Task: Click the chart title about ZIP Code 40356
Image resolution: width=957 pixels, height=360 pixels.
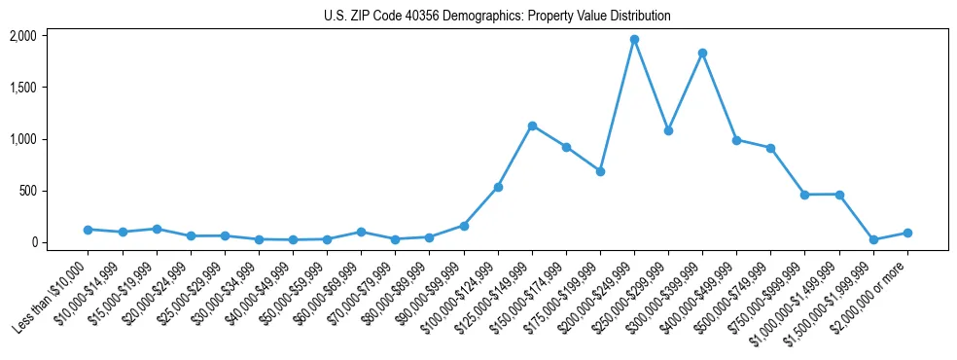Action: (497, 17)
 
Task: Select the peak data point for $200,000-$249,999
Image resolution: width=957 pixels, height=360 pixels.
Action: (634, 40)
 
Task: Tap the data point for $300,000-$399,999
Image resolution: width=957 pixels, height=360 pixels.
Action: (702, 53)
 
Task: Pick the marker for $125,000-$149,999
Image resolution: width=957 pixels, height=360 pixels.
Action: (532, 126)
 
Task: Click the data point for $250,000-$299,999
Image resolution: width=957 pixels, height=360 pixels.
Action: (668, 130)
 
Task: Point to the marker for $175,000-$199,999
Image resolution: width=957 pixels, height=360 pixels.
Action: (600, 171)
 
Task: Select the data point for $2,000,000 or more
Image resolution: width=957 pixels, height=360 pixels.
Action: (907, 233)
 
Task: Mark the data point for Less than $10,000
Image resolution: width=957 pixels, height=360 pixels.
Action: (89, 230)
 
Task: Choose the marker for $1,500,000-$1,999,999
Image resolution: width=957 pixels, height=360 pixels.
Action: (873, 239)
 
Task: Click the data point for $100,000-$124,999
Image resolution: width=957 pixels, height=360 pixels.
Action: (498, 187)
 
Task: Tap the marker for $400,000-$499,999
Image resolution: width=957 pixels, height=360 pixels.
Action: (736, 140)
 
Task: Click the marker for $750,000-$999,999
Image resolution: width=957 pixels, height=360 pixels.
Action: (804, 195)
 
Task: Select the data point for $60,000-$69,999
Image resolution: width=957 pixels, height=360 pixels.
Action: (361, 232)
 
